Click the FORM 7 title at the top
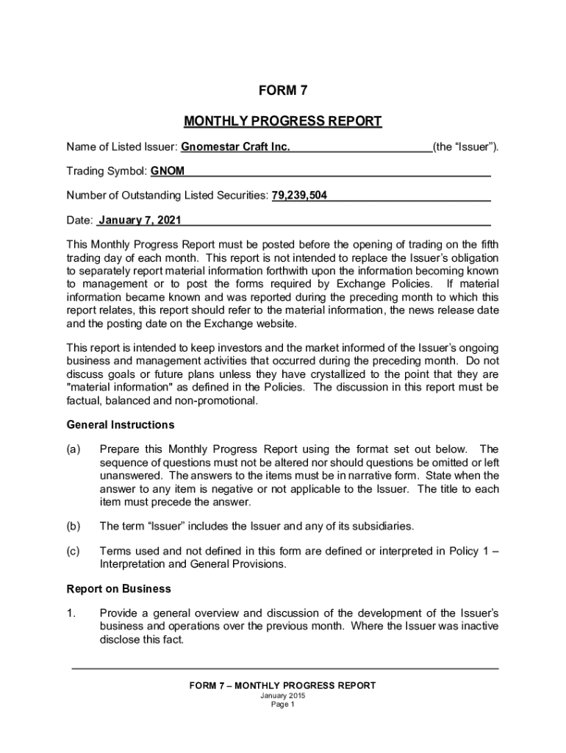point(282,91)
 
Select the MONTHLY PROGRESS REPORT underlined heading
point(282,121)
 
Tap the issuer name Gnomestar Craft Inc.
point(235,147)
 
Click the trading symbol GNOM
point(168,171)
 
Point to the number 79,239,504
point(300,196)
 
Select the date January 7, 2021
point(140,220)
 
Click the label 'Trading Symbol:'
point(107,171)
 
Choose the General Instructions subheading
point(121,425)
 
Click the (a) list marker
point(74,449)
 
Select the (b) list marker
point(74,527)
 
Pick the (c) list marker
point(74,551)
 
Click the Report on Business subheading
point(119,589)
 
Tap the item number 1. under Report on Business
point(71,613)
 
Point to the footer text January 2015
point(282,696)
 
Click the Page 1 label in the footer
point(282,704)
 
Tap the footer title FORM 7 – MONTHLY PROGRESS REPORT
point(282,685)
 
